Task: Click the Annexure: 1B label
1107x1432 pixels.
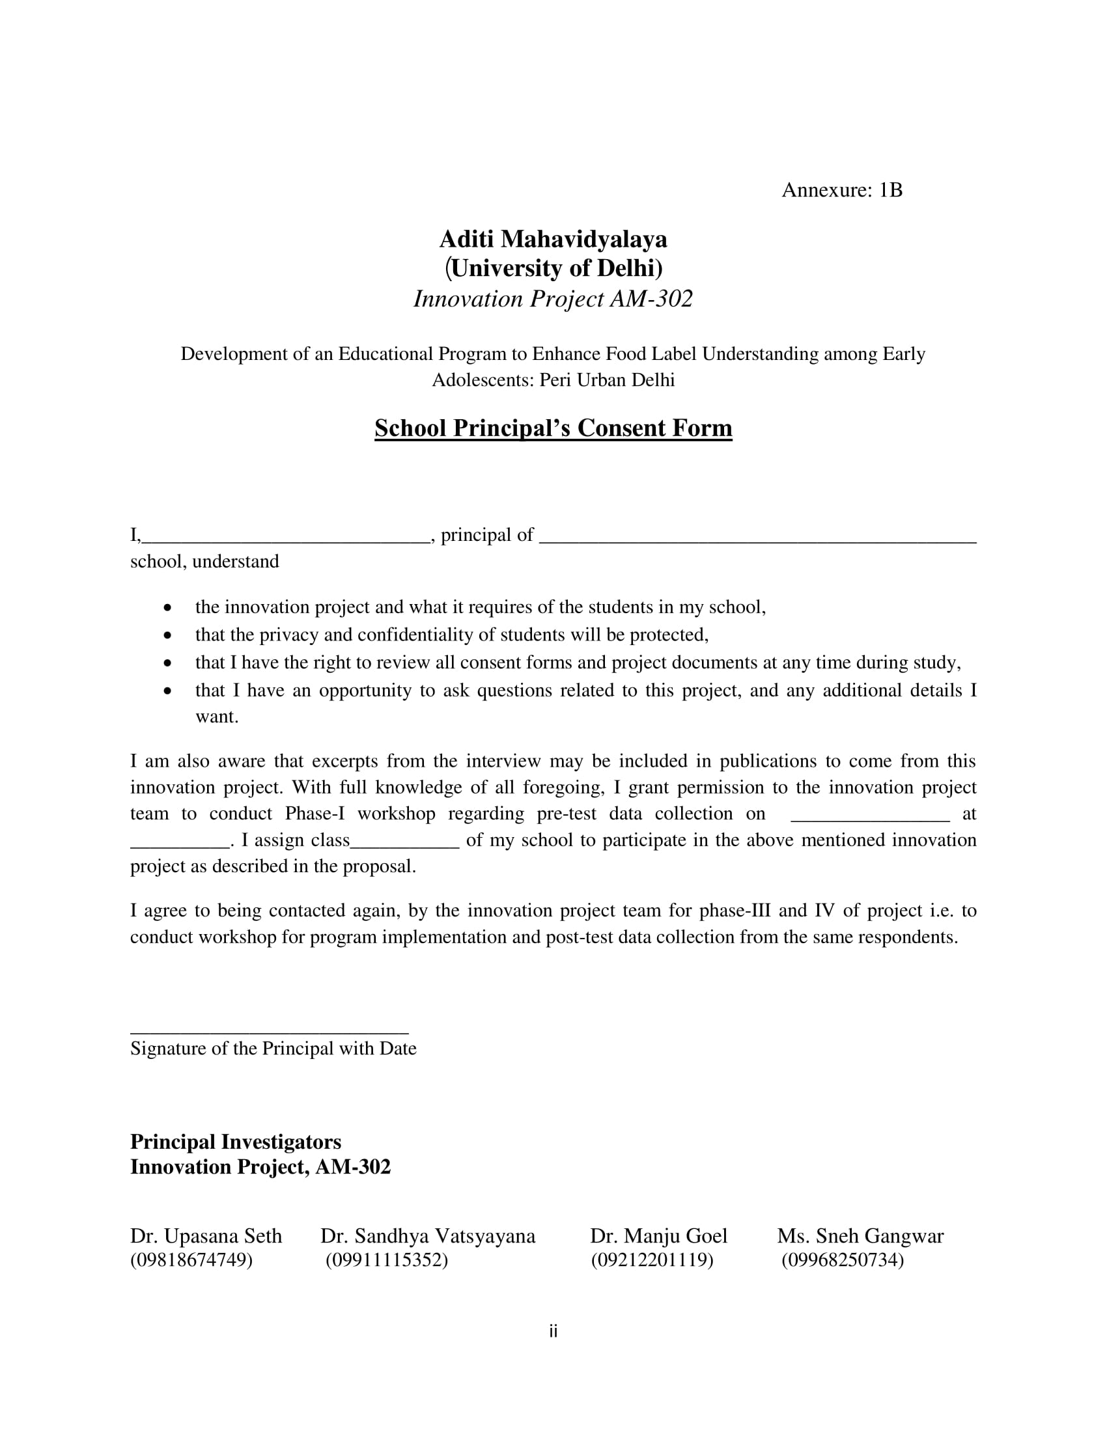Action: [841, 190]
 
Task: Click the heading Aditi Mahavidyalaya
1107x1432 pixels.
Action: [553, 240]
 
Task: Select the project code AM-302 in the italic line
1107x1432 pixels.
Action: [651, 299]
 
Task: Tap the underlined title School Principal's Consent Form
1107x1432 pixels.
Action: [553, 428]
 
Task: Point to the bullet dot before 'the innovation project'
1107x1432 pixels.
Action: [169, 609]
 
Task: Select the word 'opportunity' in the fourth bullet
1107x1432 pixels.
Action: [365, 691]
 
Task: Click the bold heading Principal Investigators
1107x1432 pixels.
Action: [236, 1142]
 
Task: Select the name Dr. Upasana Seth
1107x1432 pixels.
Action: [206, 1236]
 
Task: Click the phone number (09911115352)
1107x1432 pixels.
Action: [386, 1260]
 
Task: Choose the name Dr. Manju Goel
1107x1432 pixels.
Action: [658, 1236]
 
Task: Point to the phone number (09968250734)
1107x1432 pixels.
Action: [842, 1260]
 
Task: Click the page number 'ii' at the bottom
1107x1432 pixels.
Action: [553, 1332]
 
